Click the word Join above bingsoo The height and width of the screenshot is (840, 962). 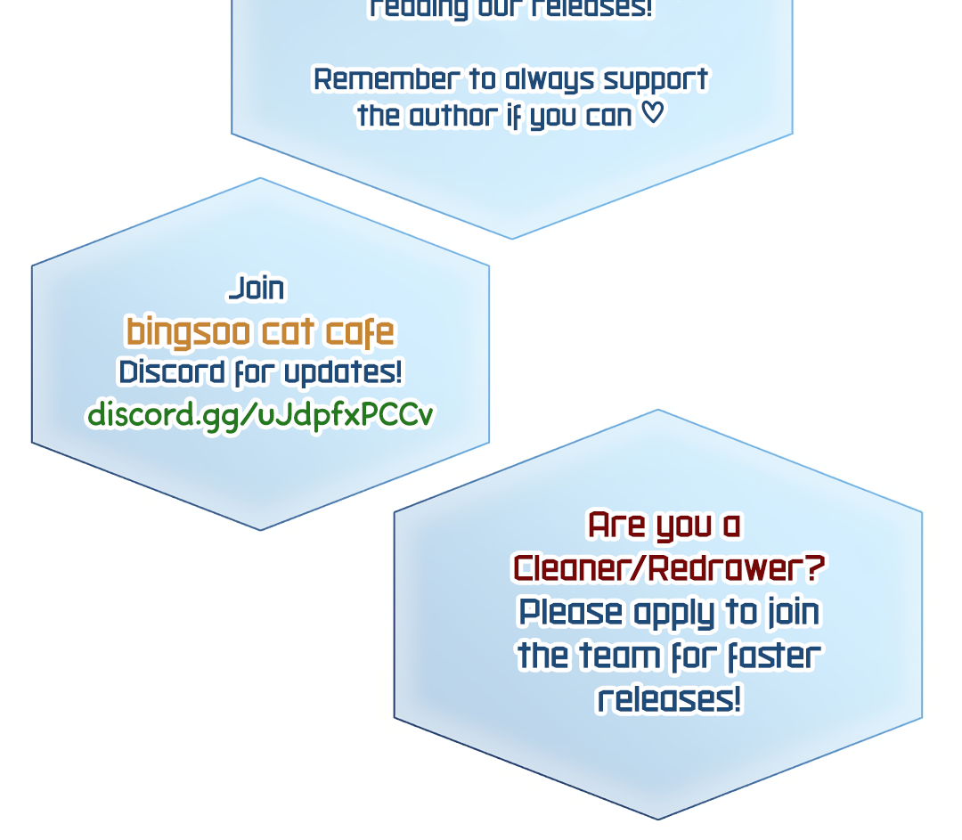(x=257, y=289)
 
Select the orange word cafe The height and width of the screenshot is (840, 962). (x=359, y=332)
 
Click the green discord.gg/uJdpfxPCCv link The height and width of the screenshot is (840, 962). (x=260, y=414)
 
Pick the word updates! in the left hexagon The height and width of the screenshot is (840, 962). (x=343, y=373)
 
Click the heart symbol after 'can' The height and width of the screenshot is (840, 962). (x=653, y=113)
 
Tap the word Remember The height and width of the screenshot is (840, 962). (x=385, y=79)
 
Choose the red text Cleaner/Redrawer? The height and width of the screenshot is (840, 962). (x=669, y=567)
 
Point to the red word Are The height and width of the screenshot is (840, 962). (x=616, y=525)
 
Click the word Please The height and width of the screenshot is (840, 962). (x=571, y=612)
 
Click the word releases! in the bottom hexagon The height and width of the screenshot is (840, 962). (x=669, y=699)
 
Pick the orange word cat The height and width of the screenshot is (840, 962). (x=288, y=332)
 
